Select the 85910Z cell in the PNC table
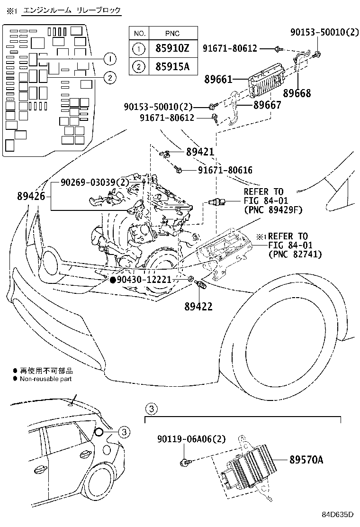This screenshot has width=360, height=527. click(x=172, y=48)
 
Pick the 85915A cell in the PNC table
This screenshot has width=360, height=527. click(x=172, y=66)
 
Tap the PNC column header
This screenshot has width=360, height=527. click(x=172, y=33)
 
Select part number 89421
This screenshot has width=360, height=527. click(x=200, y=152)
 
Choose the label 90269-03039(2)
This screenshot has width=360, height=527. click(x=94, y=182)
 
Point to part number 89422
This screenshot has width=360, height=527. click(x=198, y=307)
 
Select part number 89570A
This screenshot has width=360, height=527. click(x=306, y=459)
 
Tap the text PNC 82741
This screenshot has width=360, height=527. click(x=295, y=254)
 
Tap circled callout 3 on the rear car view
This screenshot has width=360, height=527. click(x=123, y=431)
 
